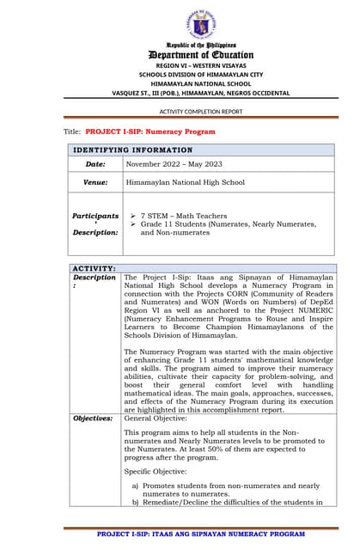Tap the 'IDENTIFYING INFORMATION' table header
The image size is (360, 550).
tap(133, 150)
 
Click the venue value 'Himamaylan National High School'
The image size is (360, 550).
tap(185, 182)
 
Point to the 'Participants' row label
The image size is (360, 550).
tap(95, 216)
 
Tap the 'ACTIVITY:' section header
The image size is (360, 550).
tap(94, 268)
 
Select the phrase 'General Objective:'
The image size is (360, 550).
tap(157, 418)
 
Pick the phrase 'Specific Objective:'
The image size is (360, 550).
tap(158, 471)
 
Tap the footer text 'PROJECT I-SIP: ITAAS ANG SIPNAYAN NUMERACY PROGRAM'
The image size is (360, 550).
tap(200, 534)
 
